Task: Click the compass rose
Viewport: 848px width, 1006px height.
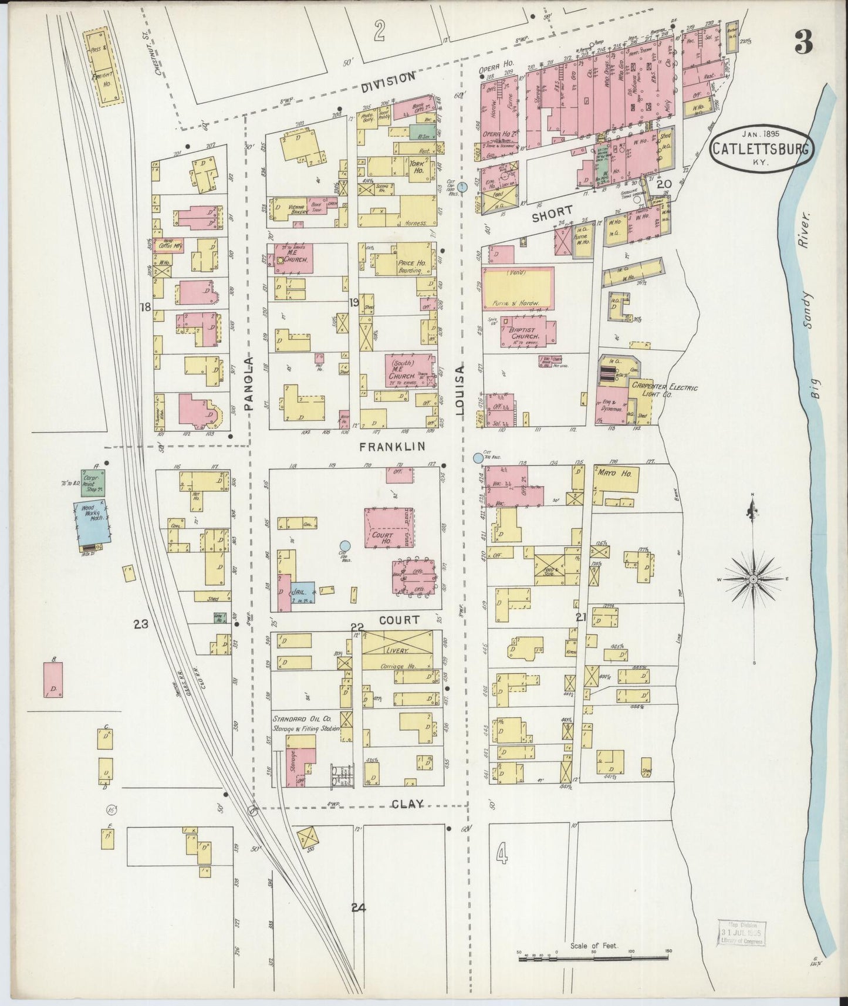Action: (753, 579)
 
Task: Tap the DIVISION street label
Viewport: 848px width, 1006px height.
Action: (388, 80)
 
